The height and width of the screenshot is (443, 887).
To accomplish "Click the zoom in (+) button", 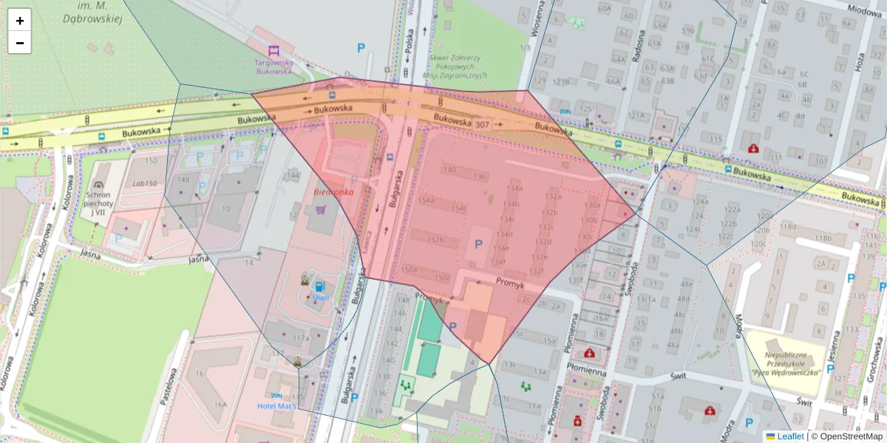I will coord(20,21).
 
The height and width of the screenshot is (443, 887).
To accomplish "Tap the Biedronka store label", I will coord(333,191).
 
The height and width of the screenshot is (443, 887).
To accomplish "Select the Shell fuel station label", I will coord(320,298).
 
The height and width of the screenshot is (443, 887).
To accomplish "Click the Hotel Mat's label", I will coord(277,406).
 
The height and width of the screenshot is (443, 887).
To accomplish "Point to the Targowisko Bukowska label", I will coord(274,67).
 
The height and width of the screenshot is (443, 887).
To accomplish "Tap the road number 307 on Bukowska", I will coord(482,125).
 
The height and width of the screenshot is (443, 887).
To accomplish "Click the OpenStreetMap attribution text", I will coord(847,436).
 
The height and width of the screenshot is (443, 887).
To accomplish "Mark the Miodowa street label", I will coord(864,10).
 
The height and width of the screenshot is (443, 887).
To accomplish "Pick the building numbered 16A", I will coord(220,405).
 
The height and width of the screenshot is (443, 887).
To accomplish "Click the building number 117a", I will coord(300,337).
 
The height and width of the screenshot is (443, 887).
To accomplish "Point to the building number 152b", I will coord(436,239).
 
